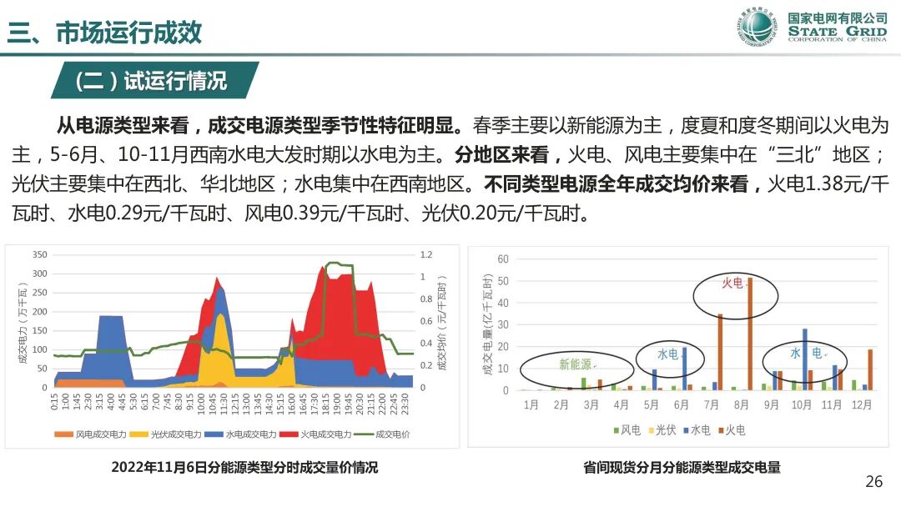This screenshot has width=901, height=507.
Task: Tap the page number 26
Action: [x=873, y=481]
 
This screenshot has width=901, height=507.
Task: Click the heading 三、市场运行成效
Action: [x=104, y=33]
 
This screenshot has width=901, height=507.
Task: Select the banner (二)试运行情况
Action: [x=151, y=81]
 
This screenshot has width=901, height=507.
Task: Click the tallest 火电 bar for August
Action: [x=749, y=334]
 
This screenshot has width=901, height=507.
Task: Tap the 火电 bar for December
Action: [x=870, y=369]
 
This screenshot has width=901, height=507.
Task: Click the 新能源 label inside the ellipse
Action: [x=576, y=364]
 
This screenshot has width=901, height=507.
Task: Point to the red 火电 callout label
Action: [x=732, y=283]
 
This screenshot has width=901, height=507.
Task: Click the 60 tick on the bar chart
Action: [x=502, y=259]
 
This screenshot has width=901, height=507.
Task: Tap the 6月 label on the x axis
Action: [x=681, y=405]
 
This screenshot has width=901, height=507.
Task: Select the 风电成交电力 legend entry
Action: [x=93, y=434]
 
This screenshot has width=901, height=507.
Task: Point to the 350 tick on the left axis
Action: [x=39, y=254]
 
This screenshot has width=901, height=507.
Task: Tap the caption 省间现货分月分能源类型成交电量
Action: [x=682, y=468]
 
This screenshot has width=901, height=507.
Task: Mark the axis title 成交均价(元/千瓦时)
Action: [x=443, y=321]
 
